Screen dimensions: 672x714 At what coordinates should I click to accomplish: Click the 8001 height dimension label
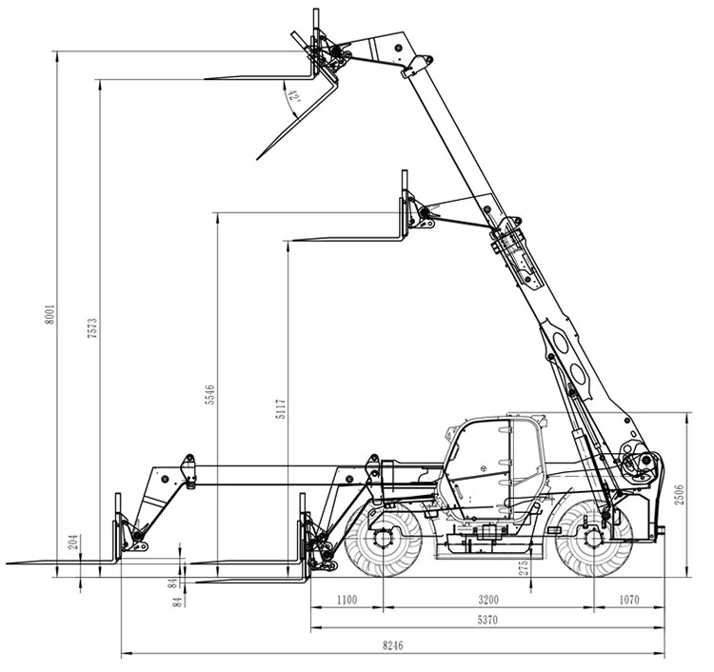tap(50, 313)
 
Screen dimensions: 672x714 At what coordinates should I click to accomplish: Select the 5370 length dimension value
tap(486, 620)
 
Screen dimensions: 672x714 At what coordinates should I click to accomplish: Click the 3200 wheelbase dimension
tap(487, 600)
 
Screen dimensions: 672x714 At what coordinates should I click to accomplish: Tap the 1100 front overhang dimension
tap(346, 600)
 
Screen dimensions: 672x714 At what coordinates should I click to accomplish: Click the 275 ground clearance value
tap(523, 568)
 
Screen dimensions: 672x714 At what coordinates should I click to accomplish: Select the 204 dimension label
tap(73, 544)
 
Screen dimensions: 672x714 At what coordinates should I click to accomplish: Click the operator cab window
tap(481, 457)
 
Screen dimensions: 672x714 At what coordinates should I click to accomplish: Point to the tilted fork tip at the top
tap(257, 159)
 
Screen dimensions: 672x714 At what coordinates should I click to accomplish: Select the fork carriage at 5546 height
tap(407, 211)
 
